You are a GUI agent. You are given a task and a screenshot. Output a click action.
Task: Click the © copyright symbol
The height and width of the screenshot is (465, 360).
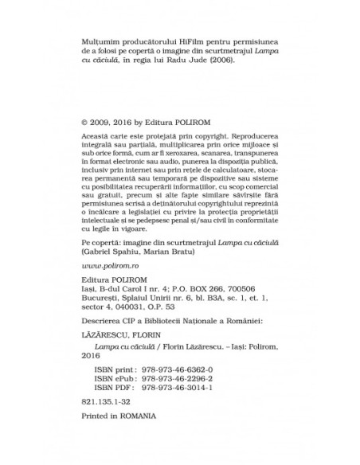coord(85,123)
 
